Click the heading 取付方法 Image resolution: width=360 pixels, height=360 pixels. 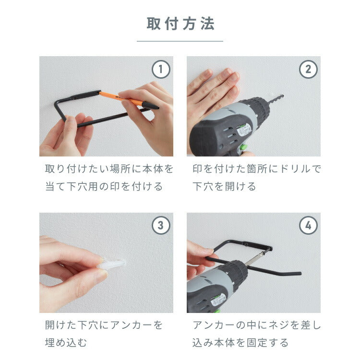pos(180,24)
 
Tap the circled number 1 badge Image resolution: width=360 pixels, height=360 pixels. pos(161,69)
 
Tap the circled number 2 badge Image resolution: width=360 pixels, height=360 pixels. pos(308,69)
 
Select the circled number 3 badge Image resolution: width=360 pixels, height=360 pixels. pos(161,226)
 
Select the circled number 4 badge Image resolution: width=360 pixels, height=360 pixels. pos(308,226)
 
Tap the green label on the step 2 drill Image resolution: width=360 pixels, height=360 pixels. pos(244,130)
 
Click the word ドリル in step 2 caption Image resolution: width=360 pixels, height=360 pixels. pos(292,169)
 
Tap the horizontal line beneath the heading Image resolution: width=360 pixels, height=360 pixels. pos(180,41)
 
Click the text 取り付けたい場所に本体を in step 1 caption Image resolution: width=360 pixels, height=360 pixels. pos(109,169)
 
